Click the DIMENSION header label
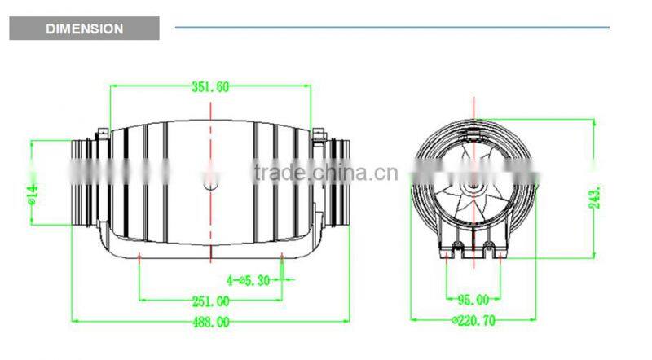coord(84,29)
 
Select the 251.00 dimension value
coord(210,301)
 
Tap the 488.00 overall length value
coord(210,322)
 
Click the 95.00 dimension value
coord(473,300)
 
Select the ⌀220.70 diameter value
coord(473,321)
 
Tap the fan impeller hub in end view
coord(474,189)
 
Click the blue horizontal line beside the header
coord(391,28)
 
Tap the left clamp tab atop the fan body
coord(104,132)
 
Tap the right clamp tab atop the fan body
coord(317,132)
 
